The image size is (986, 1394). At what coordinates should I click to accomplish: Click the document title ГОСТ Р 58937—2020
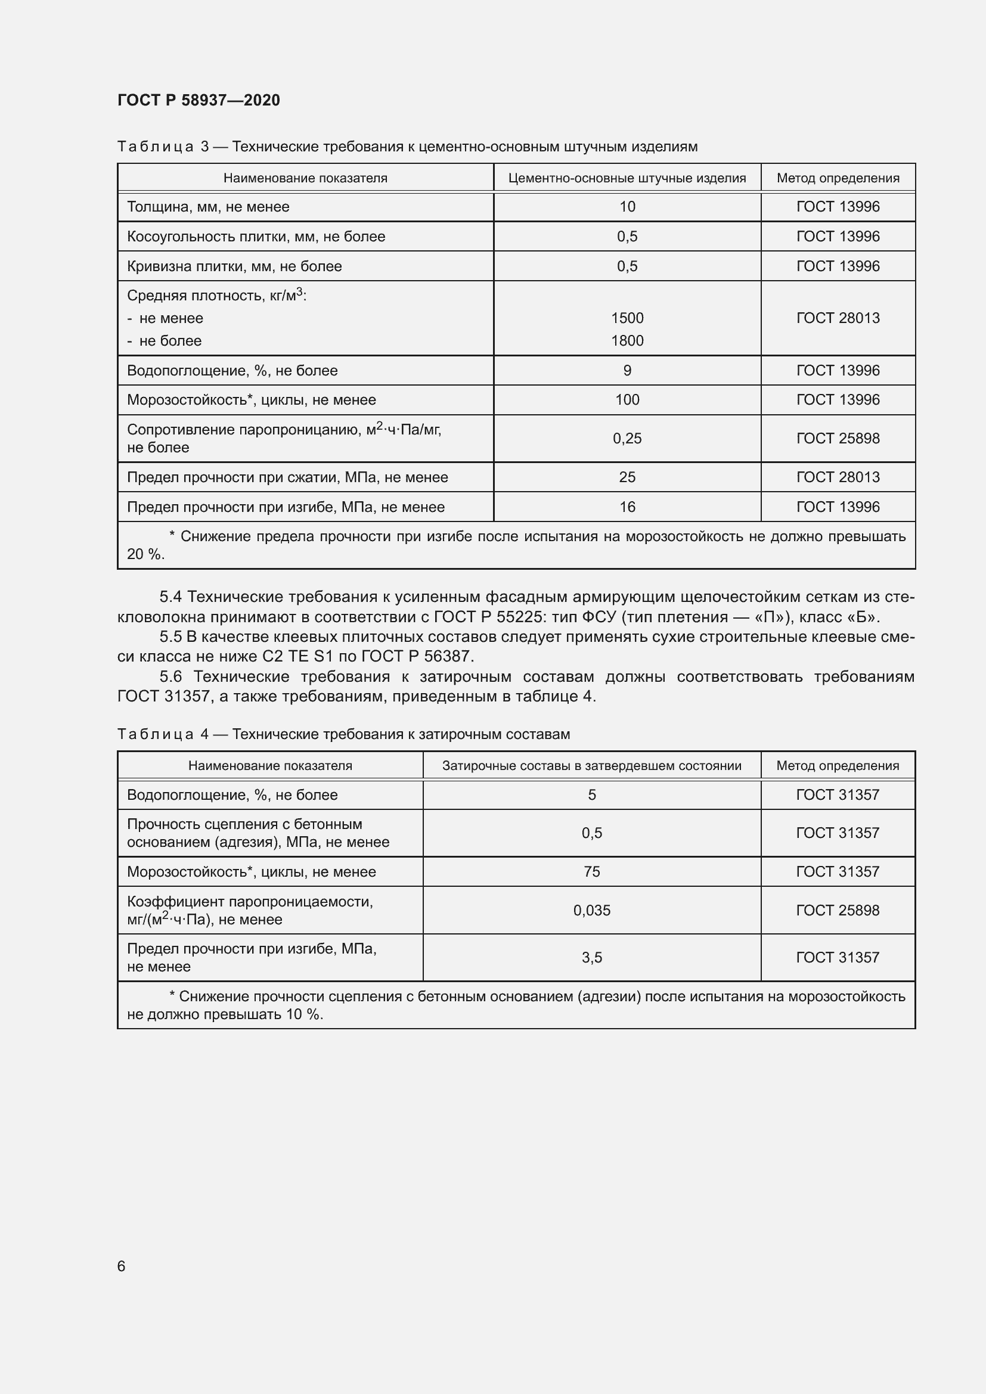point(199,100)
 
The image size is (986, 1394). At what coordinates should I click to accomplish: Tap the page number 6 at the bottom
point(122,1266)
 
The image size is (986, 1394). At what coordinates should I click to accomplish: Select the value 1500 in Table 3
point(627,318)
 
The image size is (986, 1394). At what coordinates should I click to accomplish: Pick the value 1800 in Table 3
point(627,341)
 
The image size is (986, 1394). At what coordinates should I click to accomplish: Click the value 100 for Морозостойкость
point(627,400)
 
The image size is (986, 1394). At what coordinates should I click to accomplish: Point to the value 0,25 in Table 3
point(627,439)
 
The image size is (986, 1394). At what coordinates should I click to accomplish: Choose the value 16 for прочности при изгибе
point(627,507)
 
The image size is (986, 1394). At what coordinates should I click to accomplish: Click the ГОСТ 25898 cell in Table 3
point(837,439)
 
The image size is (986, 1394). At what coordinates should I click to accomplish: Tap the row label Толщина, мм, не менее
point(208,207)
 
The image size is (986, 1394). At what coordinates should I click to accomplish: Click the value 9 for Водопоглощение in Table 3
point(627,370)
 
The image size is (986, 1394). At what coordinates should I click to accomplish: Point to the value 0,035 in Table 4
point(591,910)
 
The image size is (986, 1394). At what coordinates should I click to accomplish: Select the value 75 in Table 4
point(591,872)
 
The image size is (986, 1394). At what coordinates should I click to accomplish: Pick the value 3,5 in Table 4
point(591,958)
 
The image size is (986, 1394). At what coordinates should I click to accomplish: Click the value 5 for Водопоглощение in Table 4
point(591,795)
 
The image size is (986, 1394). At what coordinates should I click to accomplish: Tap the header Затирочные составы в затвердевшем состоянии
point(591,766)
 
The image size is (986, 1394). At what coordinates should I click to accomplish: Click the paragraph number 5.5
point(170,637)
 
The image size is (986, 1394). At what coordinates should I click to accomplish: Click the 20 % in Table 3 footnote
point(145,554)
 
